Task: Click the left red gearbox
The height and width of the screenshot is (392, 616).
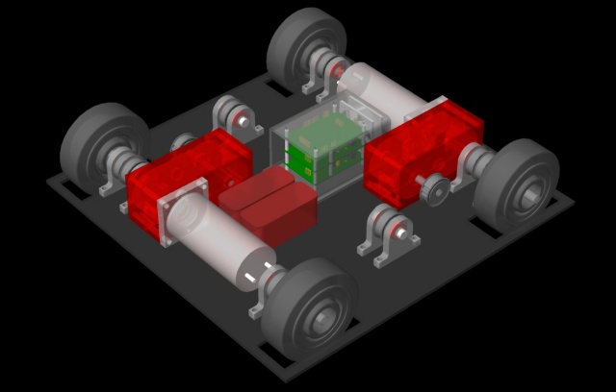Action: (183, 178)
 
